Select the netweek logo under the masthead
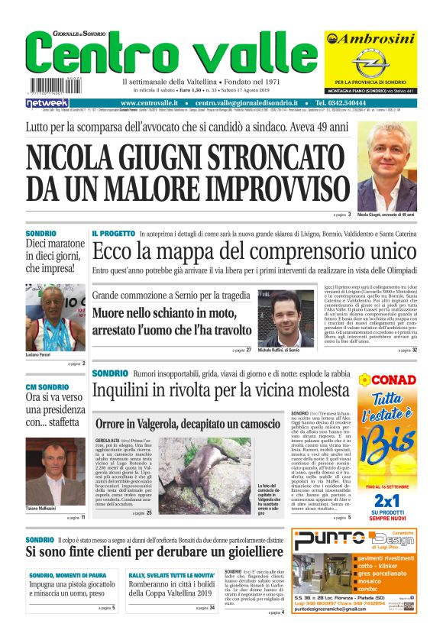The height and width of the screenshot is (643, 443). coord(47,102)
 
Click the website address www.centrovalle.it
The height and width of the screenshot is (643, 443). coord(149,102)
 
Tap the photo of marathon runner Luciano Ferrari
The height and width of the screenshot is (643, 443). coord(56,318)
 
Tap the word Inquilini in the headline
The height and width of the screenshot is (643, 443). coord(123,391)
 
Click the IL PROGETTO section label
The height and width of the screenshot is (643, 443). coord(114,233)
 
